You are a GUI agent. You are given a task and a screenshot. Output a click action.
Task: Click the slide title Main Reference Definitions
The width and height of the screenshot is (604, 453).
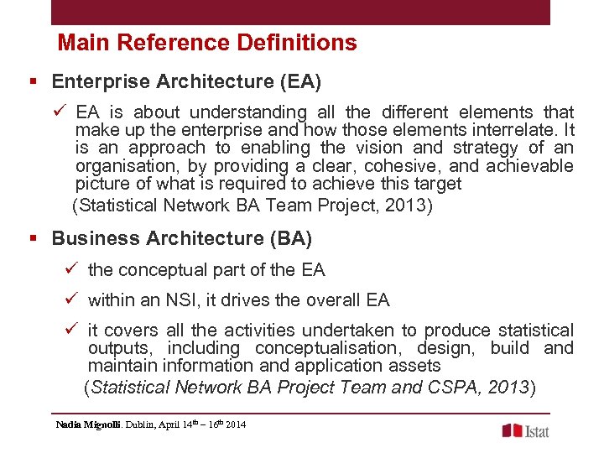pyautogui.click(x=207, y=43)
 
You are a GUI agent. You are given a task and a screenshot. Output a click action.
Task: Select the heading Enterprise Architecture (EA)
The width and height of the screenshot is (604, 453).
pyautogui.click(x=186, y=81)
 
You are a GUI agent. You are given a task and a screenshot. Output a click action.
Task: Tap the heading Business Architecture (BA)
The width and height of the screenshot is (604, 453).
pyautogui.click(x=181, y=238)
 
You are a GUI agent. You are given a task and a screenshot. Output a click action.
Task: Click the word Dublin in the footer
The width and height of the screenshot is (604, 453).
pyautogui.click(x=142, y=425)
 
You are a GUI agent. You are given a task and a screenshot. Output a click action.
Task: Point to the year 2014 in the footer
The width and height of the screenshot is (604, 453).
pyautogui.click(x=236, y=425)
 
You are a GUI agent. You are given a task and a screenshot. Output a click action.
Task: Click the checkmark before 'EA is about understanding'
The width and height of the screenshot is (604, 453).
pyautogui.click(x=60, y=112)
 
